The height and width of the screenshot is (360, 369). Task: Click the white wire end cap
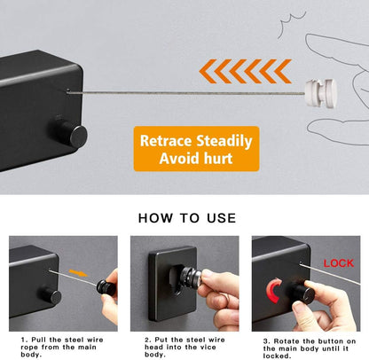[321, 92]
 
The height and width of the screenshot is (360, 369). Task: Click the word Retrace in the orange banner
[166, 141]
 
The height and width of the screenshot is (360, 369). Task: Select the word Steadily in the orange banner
[224, 142]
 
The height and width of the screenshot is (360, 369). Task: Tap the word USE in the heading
[222, 218]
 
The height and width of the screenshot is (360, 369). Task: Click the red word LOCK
[338, 263]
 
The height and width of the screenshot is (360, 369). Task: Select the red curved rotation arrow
[271, 291]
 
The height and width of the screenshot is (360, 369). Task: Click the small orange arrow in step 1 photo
[78, 273]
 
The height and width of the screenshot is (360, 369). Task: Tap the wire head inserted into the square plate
[190, 278]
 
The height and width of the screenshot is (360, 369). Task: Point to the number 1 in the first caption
[23, 340]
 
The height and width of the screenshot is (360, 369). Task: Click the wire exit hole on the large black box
[68, 90]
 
